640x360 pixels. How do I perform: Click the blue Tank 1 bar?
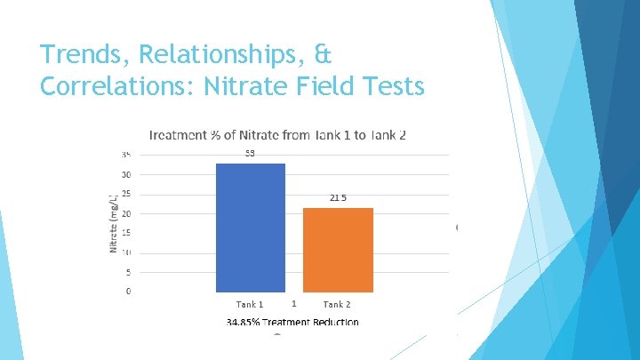click(251, 228)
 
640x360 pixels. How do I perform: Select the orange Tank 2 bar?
click(338, 250)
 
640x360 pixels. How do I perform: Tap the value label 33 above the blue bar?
click(251, 154)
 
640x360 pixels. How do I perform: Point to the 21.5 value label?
click(338, 198)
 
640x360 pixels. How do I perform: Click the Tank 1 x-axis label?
click(250, 304)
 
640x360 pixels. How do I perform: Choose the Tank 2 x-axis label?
click(337, 304)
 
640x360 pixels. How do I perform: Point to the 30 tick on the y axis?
click(127, 174)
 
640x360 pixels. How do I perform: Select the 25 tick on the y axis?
click(127, 194)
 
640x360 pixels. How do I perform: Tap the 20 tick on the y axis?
click(127, 213)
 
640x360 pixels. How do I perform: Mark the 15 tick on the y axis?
click(127, 233)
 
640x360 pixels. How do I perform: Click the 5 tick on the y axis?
click(128, 272)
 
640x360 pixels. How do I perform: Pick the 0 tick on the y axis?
click(128, 292)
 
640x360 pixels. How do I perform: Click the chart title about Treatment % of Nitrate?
click(278, 135)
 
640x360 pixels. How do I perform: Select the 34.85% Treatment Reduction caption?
click(292, 322)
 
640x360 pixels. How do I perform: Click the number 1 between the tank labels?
click(293, 303)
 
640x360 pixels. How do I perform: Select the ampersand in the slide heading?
click(323, 55)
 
